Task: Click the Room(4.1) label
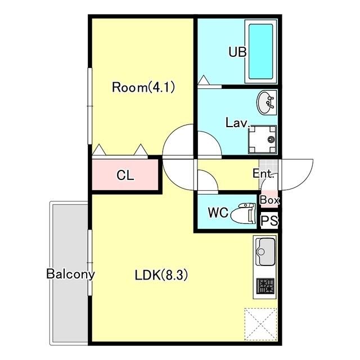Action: click(x=143, y=88)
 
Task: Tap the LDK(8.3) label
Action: click(x=161, y=275)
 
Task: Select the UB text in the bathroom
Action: click(x=237, y=52)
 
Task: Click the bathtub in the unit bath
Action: click(x=260, y=51)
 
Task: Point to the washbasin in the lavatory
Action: click(x=266, y=102)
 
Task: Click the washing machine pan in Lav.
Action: click(x=262, y=139)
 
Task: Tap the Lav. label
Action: click(x=237, y=123)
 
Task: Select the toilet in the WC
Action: click(x=243, y=213)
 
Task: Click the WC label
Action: click(x=218, y=213)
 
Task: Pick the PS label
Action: click(x=269, y=220)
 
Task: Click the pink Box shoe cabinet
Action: click(x=269, y=199)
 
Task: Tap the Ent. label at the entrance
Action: click(x=263, y=173)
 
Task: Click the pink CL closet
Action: click(x=125, y=175)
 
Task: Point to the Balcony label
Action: click(x=70, y=274)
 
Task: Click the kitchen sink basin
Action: click(x=265, y=251)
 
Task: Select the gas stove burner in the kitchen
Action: click(x=265, y=286)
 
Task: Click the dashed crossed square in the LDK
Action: click(x=261, y=324)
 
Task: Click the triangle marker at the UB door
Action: click(x=204, y=80)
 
